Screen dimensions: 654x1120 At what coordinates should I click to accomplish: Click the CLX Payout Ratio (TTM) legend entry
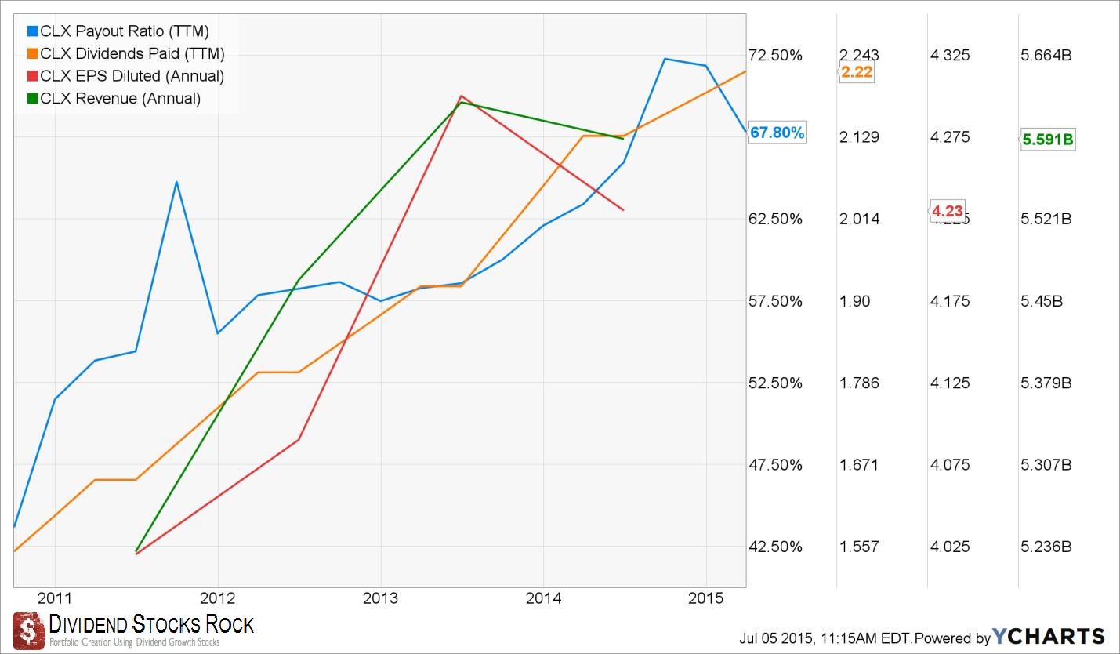point(118,31)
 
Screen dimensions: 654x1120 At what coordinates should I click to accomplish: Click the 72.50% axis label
point(775,55)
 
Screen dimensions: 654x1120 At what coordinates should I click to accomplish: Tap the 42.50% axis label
point(775,547)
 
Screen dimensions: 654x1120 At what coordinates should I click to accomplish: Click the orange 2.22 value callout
point(857,73)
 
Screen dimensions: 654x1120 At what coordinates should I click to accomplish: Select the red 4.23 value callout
point(947,210)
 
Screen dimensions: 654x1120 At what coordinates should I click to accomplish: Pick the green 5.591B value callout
point(1049,140)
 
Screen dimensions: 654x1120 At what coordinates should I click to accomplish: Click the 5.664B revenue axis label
point(1046,55)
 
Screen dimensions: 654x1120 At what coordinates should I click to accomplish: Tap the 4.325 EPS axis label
point(949,55)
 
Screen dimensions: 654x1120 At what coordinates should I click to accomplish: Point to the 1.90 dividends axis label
point(854,301)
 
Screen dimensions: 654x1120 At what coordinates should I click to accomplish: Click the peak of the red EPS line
point(462,96)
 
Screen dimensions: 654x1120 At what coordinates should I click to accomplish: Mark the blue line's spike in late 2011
point(176,182)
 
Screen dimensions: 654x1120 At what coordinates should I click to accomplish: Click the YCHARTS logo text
point(1048,636)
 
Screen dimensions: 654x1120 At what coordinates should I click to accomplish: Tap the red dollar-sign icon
point(27,629)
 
